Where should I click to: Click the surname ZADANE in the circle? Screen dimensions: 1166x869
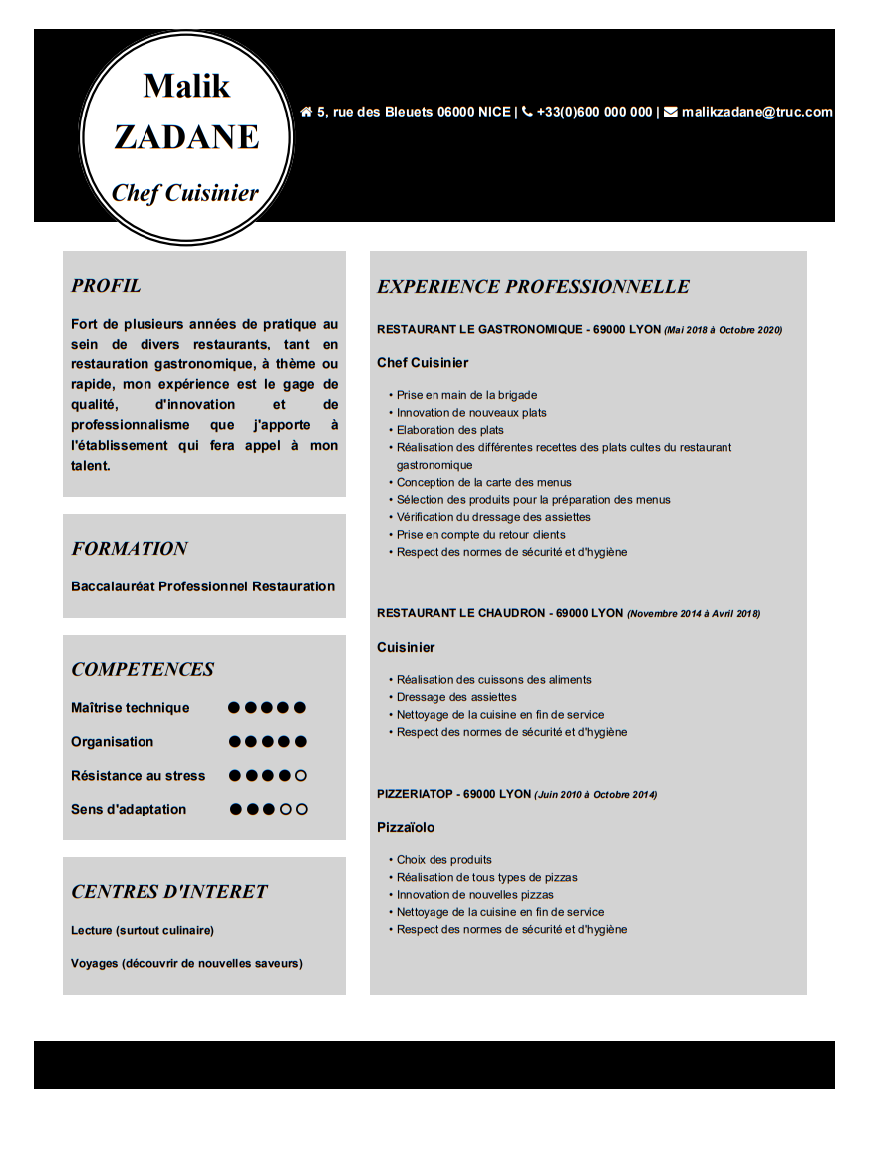click(186, 137)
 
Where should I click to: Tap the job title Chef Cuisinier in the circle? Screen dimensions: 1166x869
click(185, 193)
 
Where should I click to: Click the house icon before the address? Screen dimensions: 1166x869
click(306, 112)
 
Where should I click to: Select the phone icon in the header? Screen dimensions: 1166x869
click(527, 112)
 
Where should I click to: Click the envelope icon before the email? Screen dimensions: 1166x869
click(671, 112)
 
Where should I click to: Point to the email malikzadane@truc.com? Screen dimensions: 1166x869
click(756, 112)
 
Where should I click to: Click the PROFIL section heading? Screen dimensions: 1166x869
click(106, 286)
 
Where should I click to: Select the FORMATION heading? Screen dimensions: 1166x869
click(130, 549)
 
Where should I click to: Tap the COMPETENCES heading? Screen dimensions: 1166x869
click(143, 670)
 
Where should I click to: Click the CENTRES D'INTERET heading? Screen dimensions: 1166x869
click(169, 892)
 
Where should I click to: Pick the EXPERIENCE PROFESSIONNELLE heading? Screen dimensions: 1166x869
click(533, 287)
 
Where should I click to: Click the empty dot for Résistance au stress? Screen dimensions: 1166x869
click(301, 775)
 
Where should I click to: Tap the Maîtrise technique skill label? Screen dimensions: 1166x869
click(130, 708)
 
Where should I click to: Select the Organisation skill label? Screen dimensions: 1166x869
click(112, 742)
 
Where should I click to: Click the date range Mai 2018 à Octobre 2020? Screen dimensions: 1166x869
click(724, 330)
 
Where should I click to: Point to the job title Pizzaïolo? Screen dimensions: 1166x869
click(406, 828)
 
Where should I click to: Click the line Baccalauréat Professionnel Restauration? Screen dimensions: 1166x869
click(202, 586)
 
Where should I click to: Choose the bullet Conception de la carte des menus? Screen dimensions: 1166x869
click(484, 483)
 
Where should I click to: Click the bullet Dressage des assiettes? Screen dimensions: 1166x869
click(456, 697)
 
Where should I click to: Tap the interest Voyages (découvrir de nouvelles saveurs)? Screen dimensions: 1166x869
click(186, 963)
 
